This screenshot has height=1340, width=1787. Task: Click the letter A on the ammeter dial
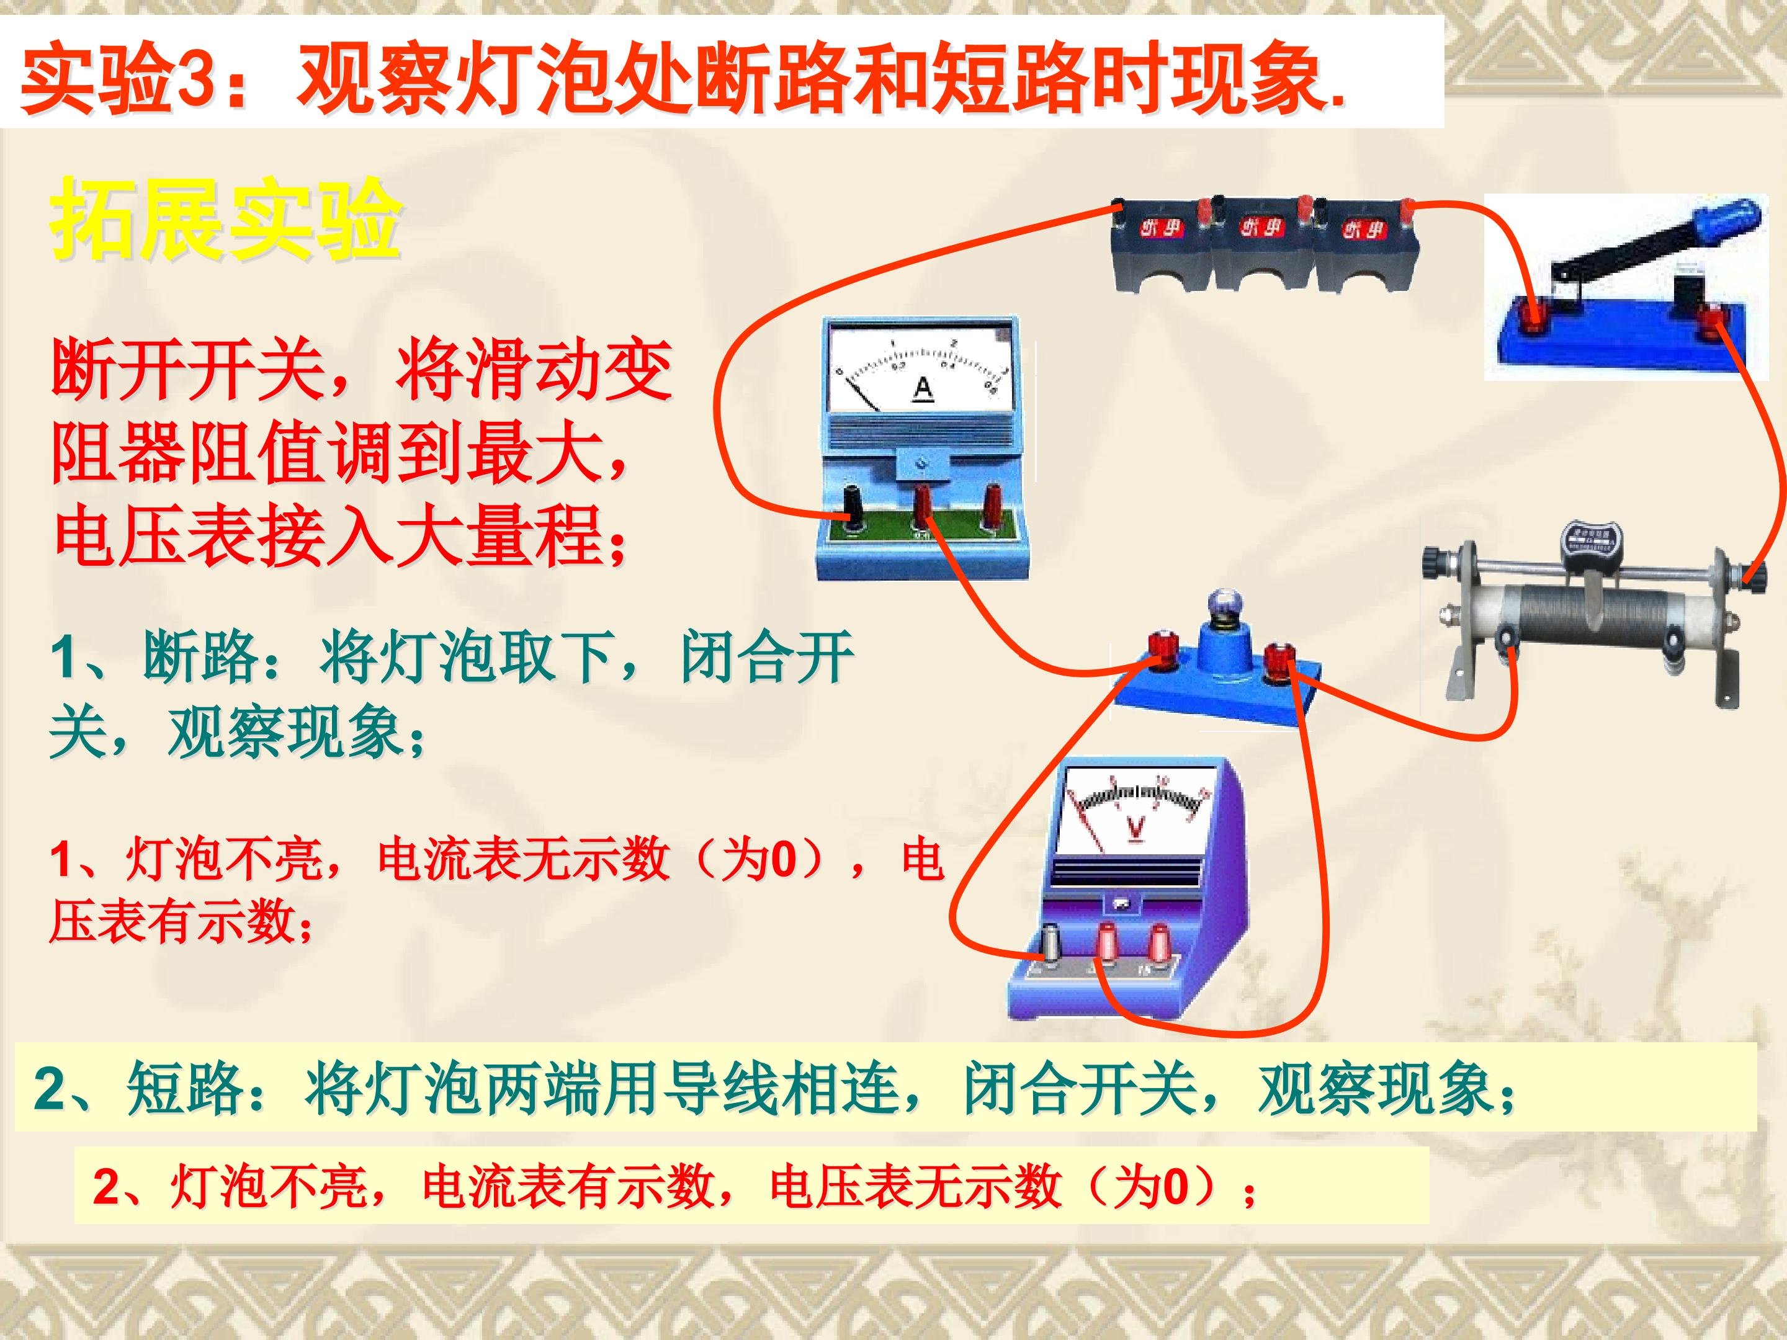923,388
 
